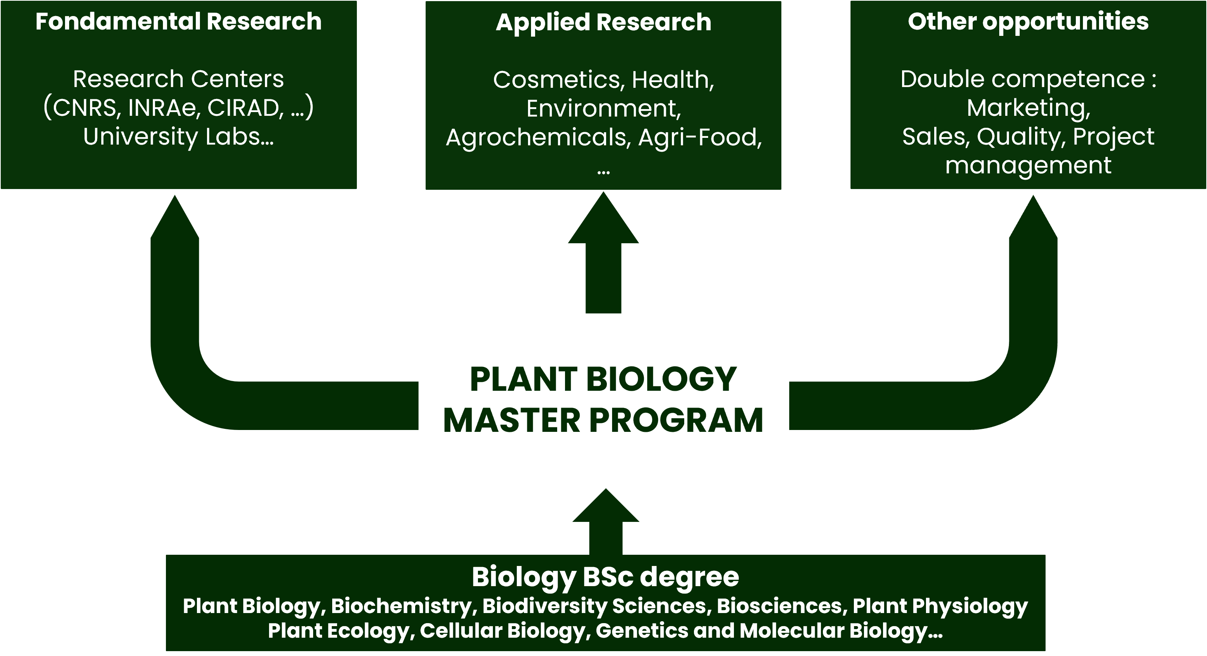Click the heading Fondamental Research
(179, 22)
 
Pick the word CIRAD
(246, 108)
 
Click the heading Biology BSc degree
(605, 577)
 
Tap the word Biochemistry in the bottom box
(401, 606)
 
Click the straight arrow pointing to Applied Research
(603, 253)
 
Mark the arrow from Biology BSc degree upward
(606, 522)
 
